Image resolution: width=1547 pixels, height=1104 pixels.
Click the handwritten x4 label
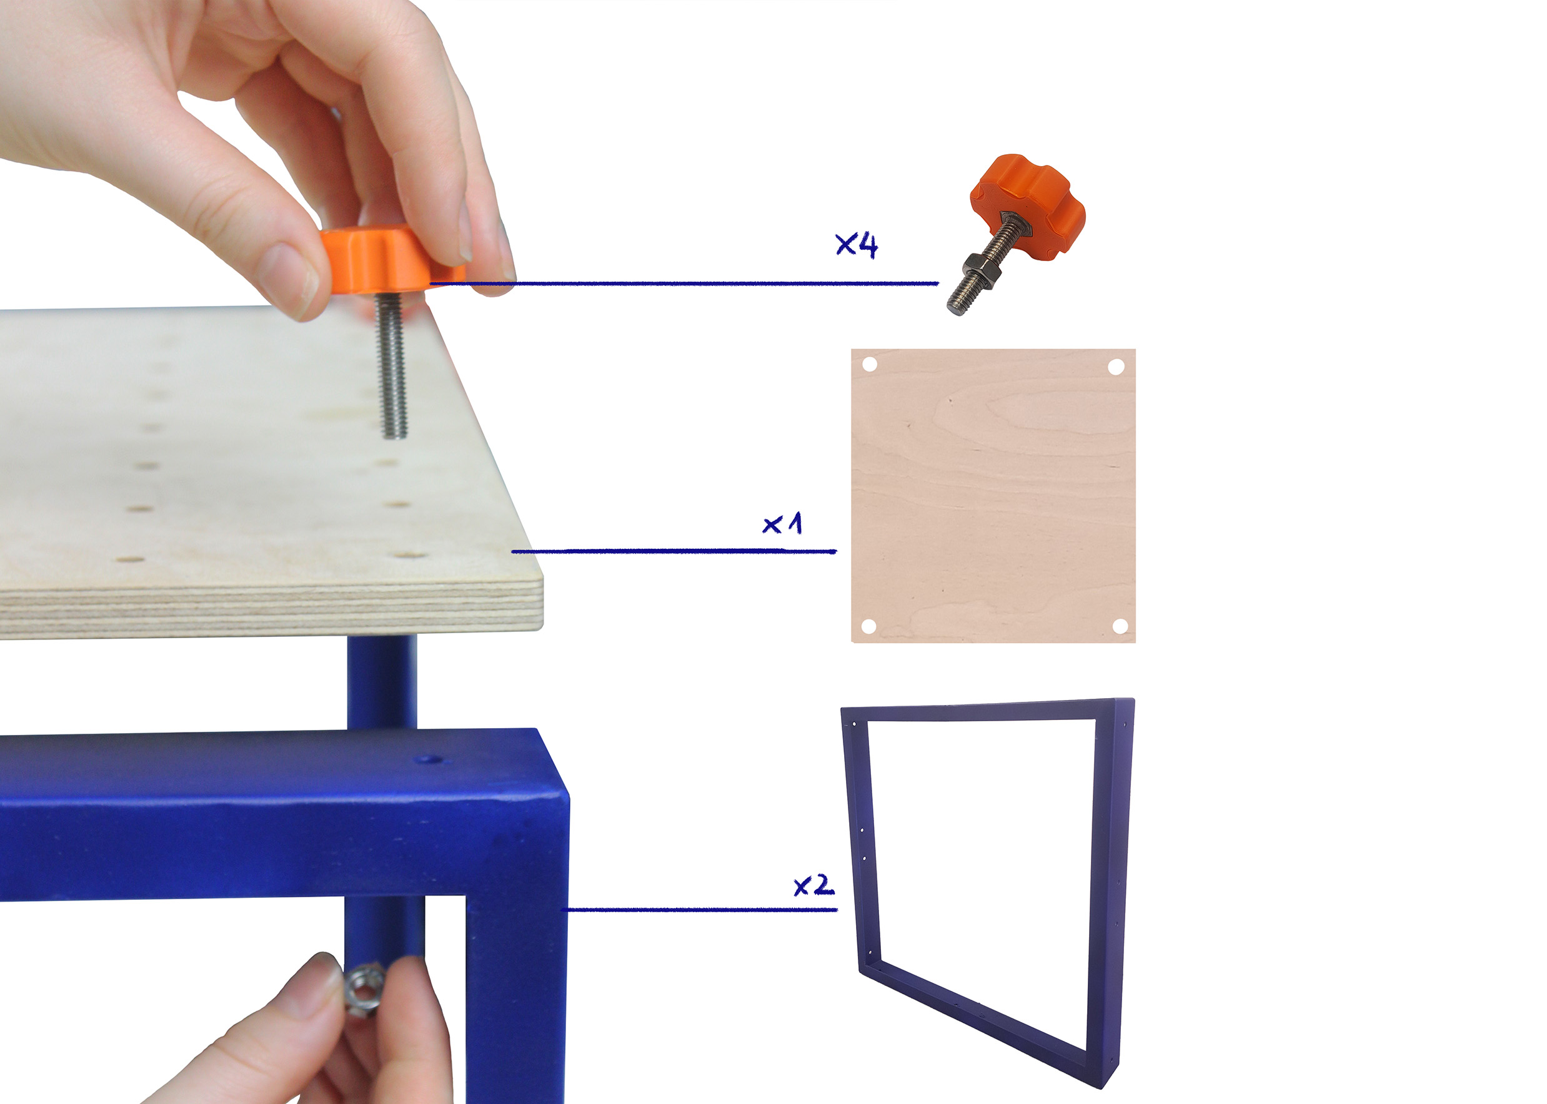pyautogui.click(x=856, y=245)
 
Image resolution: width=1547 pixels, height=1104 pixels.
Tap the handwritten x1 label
pyautogui.click(x=782, y=523)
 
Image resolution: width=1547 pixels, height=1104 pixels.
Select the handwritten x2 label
pyautogui.click(x=813, y=885)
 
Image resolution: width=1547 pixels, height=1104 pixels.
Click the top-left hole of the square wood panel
pyautogui.click(x=870, y=365)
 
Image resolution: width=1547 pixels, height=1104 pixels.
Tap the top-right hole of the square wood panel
pyautogui.click(x=1116, y=367)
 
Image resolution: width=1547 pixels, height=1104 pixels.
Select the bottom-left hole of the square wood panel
pyautogui.click(x=868, y=626)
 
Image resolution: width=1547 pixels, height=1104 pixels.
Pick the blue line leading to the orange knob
pyautogui.click(x=684, y=283)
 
